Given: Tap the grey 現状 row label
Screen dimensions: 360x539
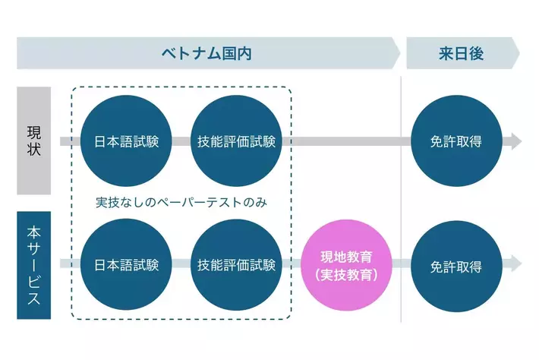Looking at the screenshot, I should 33,141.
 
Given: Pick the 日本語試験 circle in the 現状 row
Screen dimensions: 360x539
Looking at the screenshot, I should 126,141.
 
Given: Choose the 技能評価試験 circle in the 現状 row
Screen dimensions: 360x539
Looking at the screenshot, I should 236,141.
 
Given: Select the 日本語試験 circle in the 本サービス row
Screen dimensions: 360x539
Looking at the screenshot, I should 126,265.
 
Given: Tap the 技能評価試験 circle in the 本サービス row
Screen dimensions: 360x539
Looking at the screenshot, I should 236,265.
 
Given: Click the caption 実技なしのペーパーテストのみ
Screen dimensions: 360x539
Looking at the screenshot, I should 182,204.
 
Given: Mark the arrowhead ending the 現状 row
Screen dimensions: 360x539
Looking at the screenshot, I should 516,141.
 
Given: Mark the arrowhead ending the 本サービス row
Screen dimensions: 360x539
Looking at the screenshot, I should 516,264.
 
